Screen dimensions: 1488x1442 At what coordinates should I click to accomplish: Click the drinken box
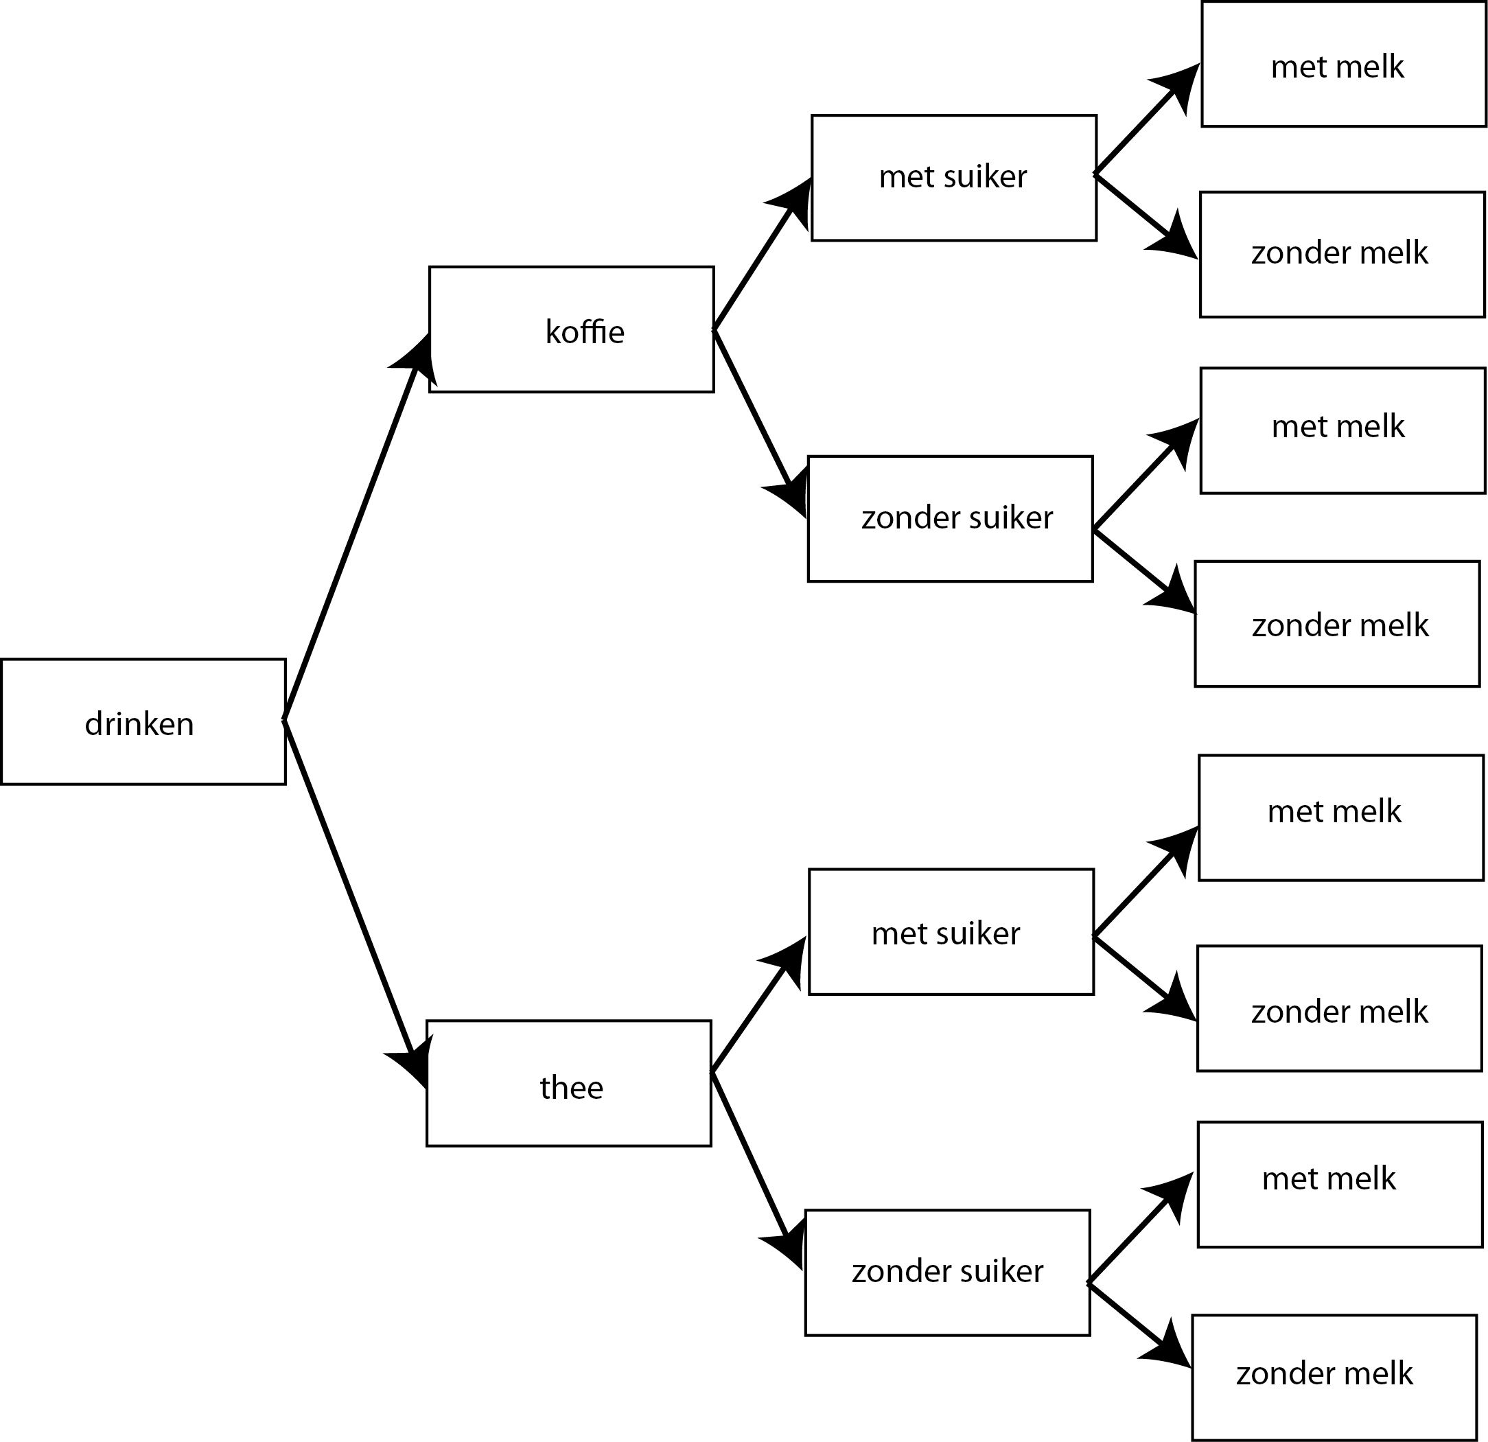point(143,721)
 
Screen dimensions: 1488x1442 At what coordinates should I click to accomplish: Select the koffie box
point(572,329)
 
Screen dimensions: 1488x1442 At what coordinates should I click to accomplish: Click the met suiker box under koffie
point(954,178)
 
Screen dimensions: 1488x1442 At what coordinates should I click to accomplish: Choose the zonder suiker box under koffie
point(951,520)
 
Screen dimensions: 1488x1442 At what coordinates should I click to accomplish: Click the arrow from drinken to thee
point(356,904)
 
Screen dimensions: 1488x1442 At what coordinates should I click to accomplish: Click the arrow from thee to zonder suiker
point(757,1171)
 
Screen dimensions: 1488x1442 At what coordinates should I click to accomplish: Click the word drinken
point(139,723)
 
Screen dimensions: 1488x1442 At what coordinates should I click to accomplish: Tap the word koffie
point(585,332)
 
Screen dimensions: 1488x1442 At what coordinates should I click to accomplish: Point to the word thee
point(572,1087)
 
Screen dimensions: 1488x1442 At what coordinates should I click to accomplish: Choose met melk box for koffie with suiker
point(1344,64)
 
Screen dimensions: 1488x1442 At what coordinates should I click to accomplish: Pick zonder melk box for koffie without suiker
point(1338,624)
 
